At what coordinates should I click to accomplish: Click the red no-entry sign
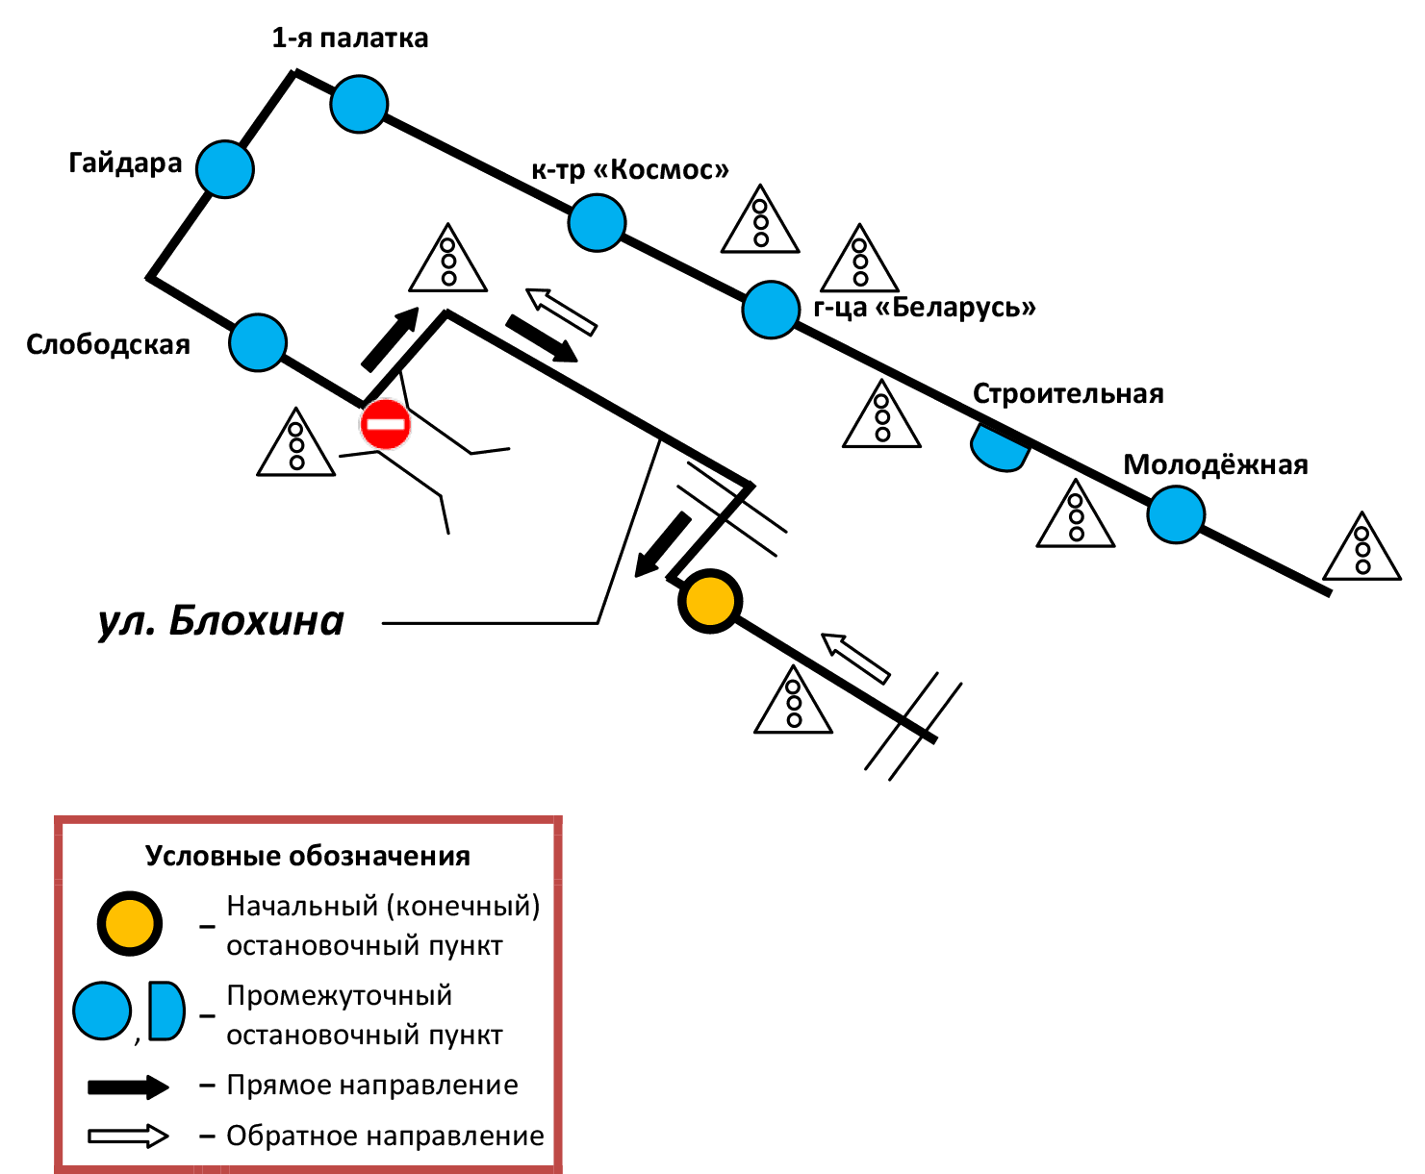386,423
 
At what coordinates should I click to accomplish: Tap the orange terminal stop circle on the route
710,602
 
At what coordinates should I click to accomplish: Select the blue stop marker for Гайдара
225,169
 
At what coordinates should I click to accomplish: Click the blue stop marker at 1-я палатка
359,104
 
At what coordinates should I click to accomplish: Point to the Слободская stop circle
258,342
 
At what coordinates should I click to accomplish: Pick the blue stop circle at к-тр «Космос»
597,222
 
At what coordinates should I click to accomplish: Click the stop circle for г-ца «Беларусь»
771,310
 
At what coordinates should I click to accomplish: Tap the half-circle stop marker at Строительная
1000,447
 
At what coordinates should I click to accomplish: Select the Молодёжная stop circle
1176,514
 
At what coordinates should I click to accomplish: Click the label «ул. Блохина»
221,621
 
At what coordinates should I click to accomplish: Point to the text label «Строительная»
1068,393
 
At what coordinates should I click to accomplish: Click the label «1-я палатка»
350,38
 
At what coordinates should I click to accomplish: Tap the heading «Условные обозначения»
308,856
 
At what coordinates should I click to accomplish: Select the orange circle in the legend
129,924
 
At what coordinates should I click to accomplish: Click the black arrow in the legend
128,1087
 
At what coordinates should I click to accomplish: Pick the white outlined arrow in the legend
128,1137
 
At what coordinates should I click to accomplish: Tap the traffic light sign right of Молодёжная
1362,548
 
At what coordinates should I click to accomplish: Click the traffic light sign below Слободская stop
296,445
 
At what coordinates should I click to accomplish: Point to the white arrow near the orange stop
855,658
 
